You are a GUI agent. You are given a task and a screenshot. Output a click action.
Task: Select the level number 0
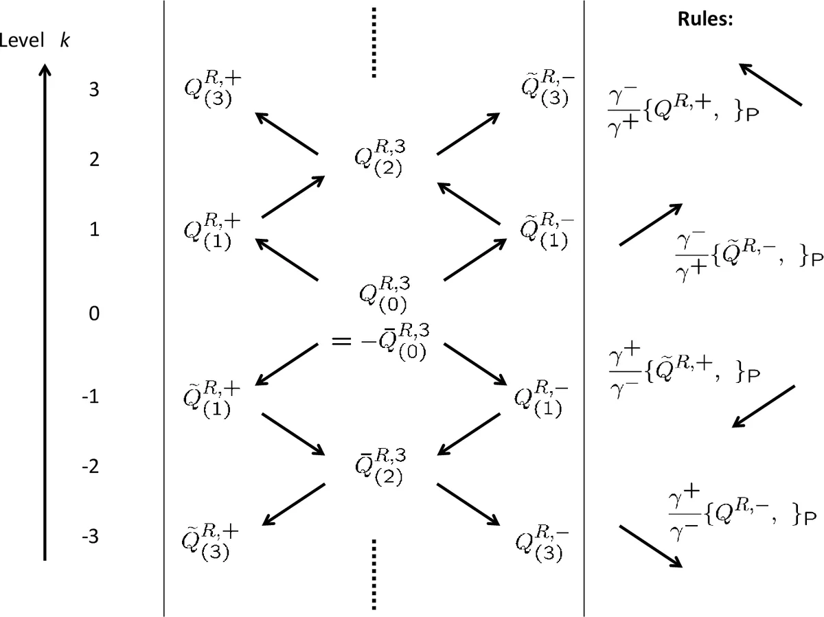[x=94, y=314]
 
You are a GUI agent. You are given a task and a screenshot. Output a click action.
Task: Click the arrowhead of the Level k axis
[x=45, y=71]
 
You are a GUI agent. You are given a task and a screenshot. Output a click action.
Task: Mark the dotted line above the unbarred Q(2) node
[x=374, y=43]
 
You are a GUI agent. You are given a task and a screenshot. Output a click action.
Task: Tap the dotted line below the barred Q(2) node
[x=374, y=574]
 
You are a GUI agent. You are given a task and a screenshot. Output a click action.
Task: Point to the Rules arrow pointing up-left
[x=770, y=84]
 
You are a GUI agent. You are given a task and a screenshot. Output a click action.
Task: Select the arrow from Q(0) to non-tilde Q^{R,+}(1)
[x=287, y=259]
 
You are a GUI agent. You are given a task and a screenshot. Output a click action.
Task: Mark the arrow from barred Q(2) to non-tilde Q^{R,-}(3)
[x=467, y=504]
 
